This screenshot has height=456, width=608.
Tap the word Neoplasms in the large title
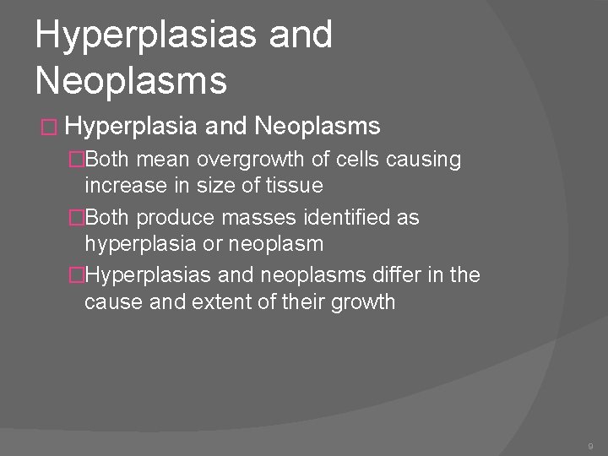coord(132,81)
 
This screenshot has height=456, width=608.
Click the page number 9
coord(590,445)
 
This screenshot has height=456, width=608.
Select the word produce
coord(176,218)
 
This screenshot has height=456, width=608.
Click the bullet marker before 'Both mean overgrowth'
coord(77,160)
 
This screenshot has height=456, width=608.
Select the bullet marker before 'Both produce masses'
coord(77,218)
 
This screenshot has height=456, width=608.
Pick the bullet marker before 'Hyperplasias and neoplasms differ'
coord(77,275)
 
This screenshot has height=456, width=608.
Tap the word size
coord(220,185)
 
